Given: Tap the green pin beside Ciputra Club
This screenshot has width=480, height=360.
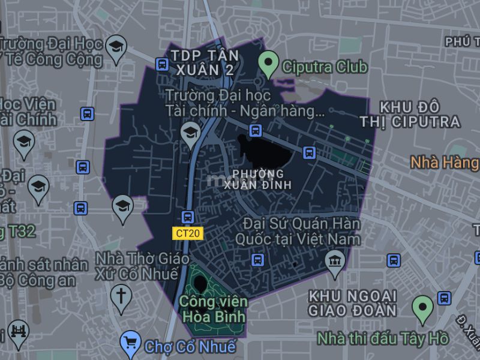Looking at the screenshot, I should (x=268, y=64).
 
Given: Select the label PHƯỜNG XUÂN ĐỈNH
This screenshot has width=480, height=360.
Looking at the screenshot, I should (x=262, y=179).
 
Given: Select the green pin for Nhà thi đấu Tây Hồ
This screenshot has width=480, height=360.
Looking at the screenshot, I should (x=422, y=309).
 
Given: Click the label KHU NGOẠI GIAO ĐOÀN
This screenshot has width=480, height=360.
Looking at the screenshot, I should (x=352, y=303).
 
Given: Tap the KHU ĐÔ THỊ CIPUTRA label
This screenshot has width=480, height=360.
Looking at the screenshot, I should (x=410, y=115).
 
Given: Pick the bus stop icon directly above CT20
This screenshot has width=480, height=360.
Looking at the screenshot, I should (x=188, y=217).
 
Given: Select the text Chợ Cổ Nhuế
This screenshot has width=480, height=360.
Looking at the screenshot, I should (x=190, y=346).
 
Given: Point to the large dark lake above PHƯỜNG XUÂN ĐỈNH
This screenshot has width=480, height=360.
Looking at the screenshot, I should (x=264, y=154).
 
